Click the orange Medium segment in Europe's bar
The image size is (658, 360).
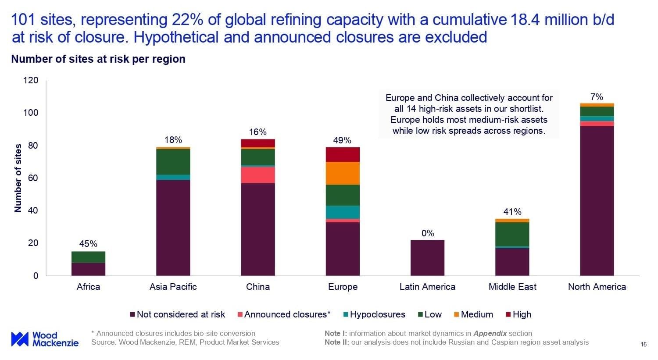343,173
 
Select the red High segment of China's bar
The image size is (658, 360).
258,143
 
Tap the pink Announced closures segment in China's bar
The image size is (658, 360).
258,175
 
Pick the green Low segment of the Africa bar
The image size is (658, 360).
88,257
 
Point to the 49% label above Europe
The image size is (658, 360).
342,140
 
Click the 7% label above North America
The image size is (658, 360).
597,97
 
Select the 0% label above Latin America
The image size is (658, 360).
428,233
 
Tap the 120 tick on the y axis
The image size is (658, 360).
33,81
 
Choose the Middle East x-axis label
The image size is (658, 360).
512,287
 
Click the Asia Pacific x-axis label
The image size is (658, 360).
173,287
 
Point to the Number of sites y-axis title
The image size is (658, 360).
18,178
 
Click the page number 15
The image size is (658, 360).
644,344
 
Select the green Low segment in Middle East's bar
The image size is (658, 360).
512,234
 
